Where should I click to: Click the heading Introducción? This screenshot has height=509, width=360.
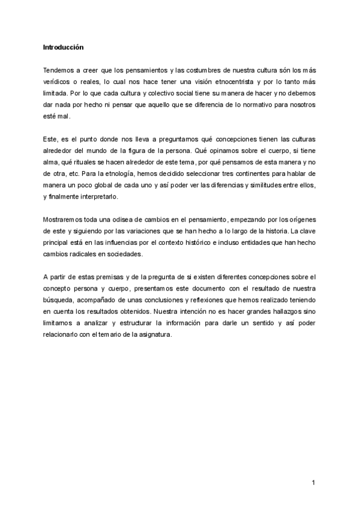[x=64, y=46]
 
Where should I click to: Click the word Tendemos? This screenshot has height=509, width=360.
[x=59, y=70]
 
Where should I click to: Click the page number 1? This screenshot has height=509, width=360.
[x=314, y=482]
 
